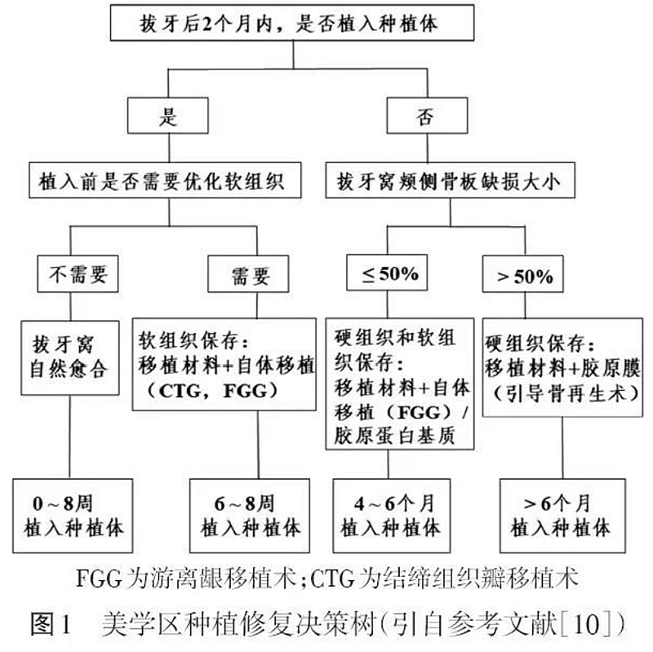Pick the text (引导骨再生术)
[x=563, y=391]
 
